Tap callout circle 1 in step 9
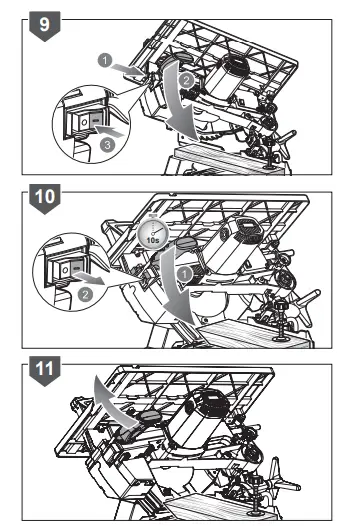pos(104,60)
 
